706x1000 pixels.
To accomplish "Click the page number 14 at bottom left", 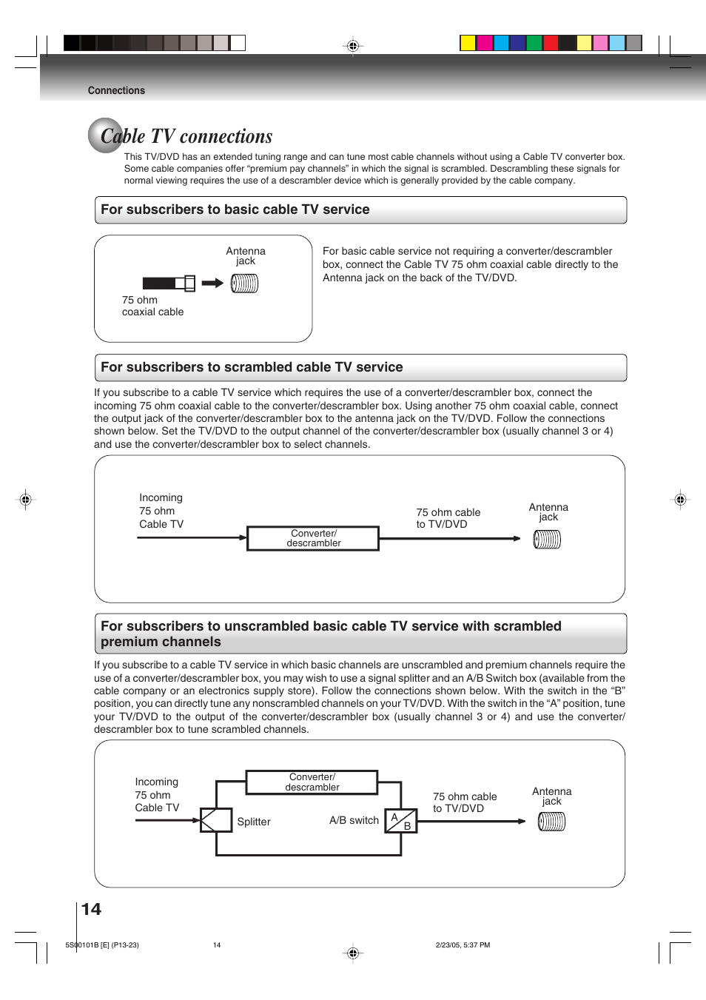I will tap(91, 909).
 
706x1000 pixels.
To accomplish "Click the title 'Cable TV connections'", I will tap(186, 137).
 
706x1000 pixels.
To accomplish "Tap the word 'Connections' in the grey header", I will tap(116, 90).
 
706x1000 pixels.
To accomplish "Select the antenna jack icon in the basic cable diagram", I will tap(244, 283).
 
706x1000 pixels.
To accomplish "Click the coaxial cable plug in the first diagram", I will tap(169, 283).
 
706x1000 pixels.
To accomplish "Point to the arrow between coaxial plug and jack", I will tap(212, 283).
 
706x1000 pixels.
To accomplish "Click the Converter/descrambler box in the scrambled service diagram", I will tap(313, 538).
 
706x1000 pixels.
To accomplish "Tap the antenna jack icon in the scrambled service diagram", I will tap(547, 540).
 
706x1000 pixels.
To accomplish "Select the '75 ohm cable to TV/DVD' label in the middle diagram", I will tap(448, 518).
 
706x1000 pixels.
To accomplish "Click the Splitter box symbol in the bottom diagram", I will tap(216, 820).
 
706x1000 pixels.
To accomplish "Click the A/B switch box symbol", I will tap(401, 821).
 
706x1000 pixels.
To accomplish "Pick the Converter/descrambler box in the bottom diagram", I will tap(312, 782).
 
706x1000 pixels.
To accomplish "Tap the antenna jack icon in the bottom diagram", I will tap(551, 822).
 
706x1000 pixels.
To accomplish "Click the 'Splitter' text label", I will tap(254, 822).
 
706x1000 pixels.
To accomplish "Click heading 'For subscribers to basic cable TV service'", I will tap(235, 209).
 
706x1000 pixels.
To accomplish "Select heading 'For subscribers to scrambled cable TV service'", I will tap(252, 367).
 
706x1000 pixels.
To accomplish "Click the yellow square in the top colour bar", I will tap(468, 43).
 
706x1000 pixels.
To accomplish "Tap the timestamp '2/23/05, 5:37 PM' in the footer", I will tap(463, 945).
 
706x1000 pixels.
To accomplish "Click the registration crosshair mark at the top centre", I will tap(353, 46).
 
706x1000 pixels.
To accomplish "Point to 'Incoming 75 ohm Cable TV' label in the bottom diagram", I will tap(157, 795).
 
